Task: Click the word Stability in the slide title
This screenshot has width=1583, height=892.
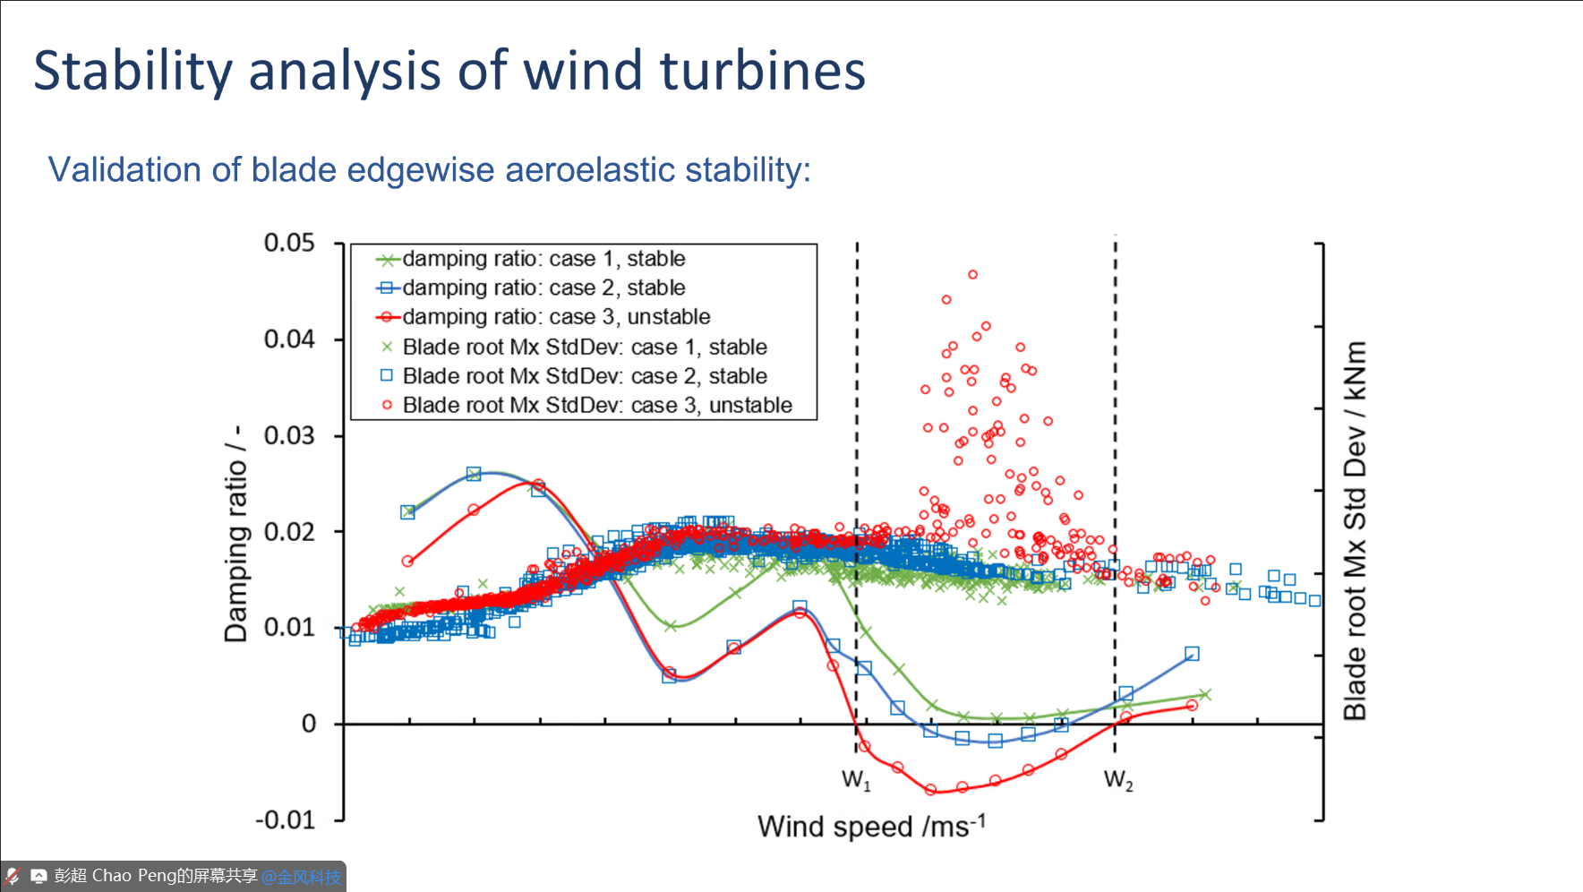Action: click(133, 71)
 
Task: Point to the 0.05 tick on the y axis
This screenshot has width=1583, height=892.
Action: click(289, 243)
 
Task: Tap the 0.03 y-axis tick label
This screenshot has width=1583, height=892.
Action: click(289, 435)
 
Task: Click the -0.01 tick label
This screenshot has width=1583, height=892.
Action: click(286, 819)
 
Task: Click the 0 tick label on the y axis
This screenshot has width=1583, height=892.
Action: click(309, 724)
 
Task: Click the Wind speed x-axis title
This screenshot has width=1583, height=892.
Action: click(871, 826)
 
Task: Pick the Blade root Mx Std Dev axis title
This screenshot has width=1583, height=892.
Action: click(1355, 530)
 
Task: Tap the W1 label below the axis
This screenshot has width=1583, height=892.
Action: click(856, 780)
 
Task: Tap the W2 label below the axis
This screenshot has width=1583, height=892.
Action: click(1118, 780)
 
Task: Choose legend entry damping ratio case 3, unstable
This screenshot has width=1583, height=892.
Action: click(556, 317)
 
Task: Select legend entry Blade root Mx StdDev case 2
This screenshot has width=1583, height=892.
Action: click(585, 376)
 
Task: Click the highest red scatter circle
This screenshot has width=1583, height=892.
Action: click(972, 275)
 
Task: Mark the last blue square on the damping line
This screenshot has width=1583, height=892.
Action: click(1192, 654)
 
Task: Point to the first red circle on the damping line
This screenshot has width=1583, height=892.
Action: click(407, 562)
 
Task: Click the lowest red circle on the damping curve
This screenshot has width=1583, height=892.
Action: click(930, 790)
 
